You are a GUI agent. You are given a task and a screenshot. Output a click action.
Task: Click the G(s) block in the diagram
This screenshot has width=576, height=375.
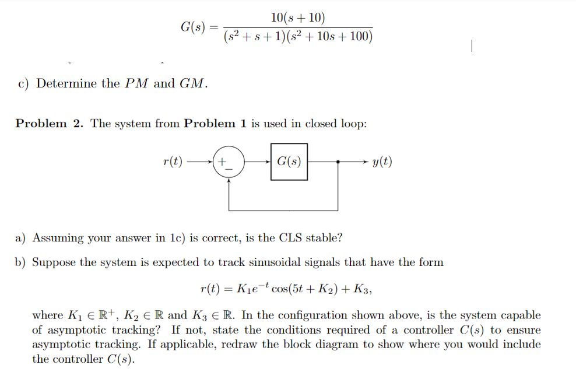tap(289, 161)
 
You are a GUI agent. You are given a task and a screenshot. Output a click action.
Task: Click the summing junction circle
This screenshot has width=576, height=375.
tap(229, 161)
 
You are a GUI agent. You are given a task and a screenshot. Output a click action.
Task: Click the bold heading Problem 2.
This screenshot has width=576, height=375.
tap(50, 123)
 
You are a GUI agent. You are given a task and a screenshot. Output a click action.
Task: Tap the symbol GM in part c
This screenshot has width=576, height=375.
tap(192, 83)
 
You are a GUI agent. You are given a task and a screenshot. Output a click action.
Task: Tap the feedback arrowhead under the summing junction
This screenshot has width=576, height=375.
tap(229, 181)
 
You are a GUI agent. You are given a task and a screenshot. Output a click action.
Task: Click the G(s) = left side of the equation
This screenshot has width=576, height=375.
tap(200, 27)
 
